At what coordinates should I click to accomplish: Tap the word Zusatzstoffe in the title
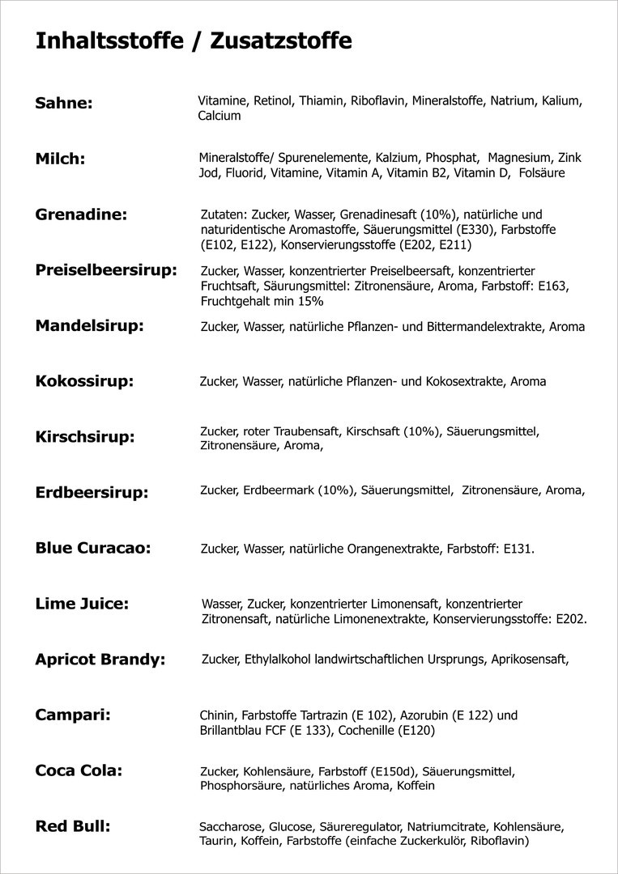[281, 41]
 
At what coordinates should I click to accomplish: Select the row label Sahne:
[64, 104]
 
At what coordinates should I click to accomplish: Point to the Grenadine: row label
[82, 215]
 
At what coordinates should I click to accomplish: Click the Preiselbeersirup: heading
[106, 270]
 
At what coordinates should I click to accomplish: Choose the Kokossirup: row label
[84, 381]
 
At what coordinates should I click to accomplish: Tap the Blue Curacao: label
[93, 548]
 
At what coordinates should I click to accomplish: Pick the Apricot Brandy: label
[100, 660]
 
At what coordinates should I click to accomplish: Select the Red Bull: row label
[73, 826]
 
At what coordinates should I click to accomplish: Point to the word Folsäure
[542, 173]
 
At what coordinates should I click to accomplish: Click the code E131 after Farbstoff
[517, 549]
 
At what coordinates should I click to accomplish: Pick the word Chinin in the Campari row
[216, 715]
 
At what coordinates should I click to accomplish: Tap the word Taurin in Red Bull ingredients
[216, 842]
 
